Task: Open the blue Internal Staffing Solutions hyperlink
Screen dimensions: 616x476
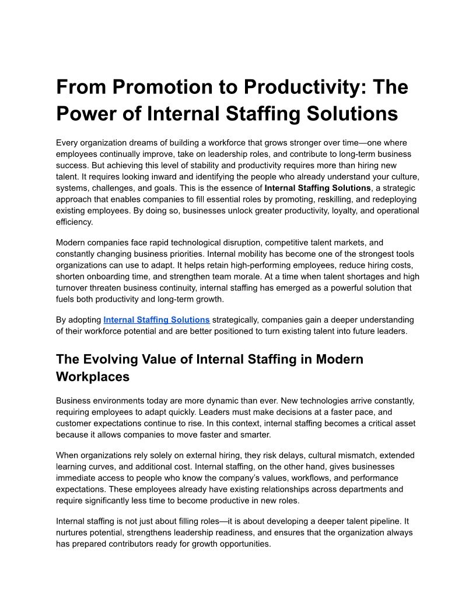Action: click(156, 320)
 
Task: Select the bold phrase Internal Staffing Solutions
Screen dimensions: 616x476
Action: click(317, 188)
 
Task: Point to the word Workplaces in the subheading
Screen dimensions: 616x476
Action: click(93, 377)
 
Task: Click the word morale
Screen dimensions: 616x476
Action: click(270, 276)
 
